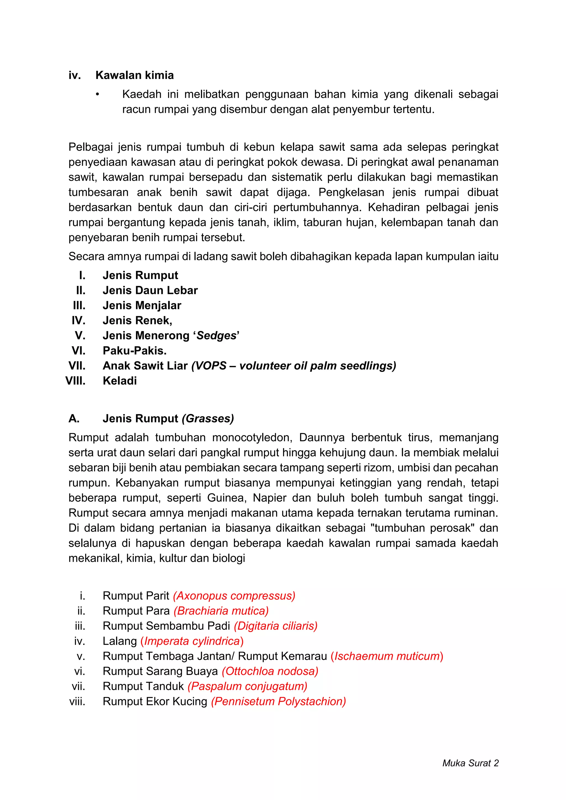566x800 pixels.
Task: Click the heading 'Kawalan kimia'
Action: pos(135,75)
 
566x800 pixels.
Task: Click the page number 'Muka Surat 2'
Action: pos(470,763)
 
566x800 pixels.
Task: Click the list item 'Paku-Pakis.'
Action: pos(135,351)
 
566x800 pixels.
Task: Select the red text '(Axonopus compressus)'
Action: pos(234,596)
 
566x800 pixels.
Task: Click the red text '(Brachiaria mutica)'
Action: pos(221,610)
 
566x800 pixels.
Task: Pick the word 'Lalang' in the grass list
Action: pos(120,641)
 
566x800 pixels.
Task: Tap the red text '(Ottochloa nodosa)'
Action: pos(270,671)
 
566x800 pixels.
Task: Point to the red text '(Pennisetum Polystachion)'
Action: pos(278,701)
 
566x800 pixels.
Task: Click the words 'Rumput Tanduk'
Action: pos(143,686)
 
